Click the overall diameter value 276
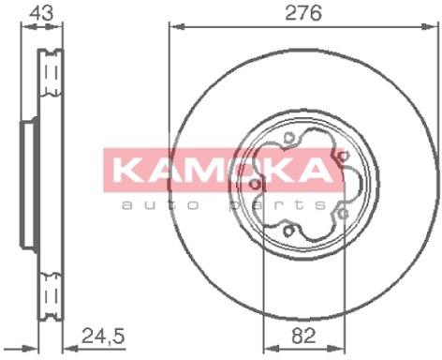[x=303, y=13]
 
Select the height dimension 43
[x=41, y=13]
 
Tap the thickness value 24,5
[x=103, y=337]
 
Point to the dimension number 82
[x=303, y=336]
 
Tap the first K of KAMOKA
[x=128, y=170]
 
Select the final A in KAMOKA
[x=313, y=170]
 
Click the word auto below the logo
[x=159, y=205]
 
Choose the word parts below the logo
[x=277, y=205]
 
